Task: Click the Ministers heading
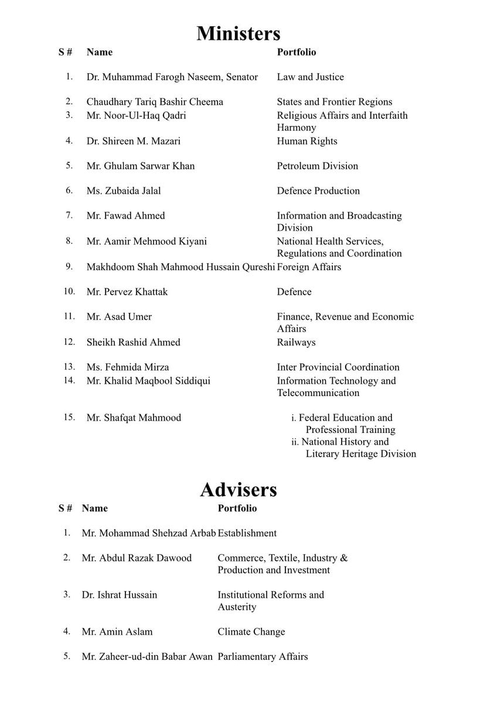click(x=238, y=33)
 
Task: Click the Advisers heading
click(x=238, y=489)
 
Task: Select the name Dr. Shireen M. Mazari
click(x=134, y=141)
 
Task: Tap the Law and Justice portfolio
click(x=311, y=77)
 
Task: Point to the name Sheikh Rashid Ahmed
click(x=134, y=342)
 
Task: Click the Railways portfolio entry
click(x=296, y=342)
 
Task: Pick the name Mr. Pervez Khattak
click(x=127, y=292)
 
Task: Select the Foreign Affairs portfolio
click(x=309, y=267)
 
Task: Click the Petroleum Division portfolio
click(x=318, y=166)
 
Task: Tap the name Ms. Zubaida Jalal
click(x=124, y=191)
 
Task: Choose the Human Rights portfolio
click(x=307, y=141)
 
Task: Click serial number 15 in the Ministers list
click(x=69, y=418)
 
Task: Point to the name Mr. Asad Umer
click(x=119, y=317)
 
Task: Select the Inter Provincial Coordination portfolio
click(x=338, y=367)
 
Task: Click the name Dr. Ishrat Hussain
click(x=120, y=595)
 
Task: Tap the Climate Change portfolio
click(x=251, y=632)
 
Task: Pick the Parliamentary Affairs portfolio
click(x=263, y=657)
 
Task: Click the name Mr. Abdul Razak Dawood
click(x=137, y=558)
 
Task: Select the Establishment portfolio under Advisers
click(x=247, y=533)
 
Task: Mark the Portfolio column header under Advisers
click(x=237, y=508)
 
